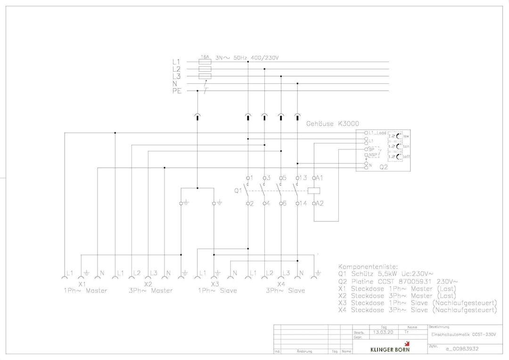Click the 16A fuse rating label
click(x=205, y=57)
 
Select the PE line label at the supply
click(x=177, y=91)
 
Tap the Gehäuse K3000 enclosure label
click(x=332, y=124)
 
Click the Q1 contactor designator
click(x=238, y=191)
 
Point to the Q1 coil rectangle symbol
click(x=314, y=191)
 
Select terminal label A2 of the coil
click(x=320, y=204)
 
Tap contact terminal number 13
click(x=303, y=178)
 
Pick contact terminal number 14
click(x=303, y=204)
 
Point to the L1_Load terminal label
click(x=378, y=133)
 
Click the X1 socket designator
click(x=82, y=284)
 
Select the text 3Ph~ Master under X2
click(x=151, y=291)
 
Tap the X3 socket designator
click(x=215, y=284)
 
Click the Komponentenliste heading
click(x=371, y=266)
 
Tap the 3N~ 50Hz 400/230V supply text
click(x=247, y=58)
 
